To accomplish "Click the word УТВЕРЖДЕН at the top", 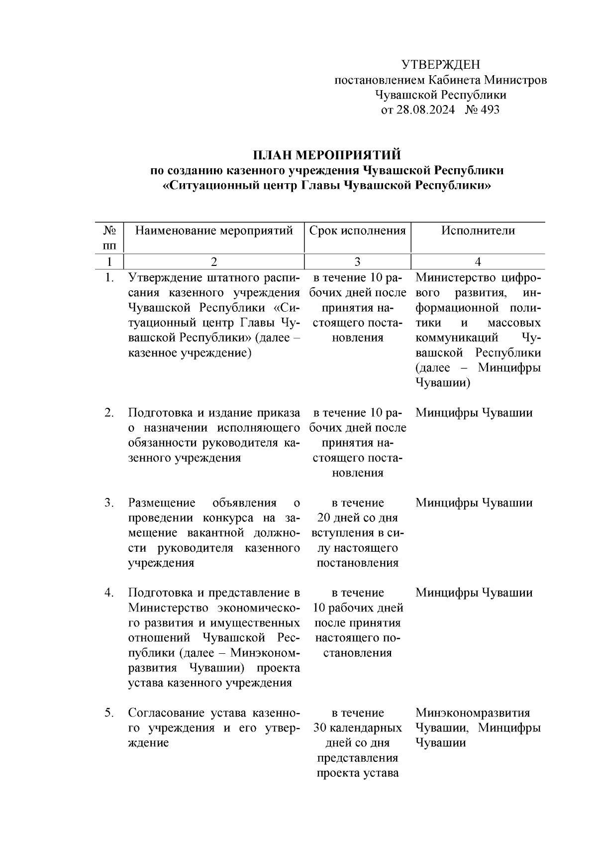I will (x=440, y=65).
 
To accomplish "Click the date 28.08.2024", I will (x=425, y=110).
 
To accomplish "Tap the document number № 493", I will (x=482, y=110).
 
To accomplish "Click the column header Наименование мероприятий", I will (x=214, y=231).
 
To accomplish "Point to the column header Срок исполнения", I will (x=357, y=231).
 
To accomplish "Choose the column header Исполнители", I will (x=478, y=231).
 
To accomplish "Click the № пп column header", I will (x=109, y=238).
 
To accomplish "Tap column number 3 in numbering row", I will (x=357, y=262).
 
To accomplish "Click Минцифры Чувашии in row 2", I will (x=474, y=413).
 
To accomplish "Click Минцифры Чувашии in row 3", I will (x=474, y=503).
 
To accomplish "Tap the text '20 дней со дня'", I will (x=357, y=518).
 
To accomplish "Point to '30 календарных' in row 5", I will (x=357, y=728).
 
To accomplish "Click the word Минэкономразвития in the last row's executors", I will (x=473, y=713).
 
